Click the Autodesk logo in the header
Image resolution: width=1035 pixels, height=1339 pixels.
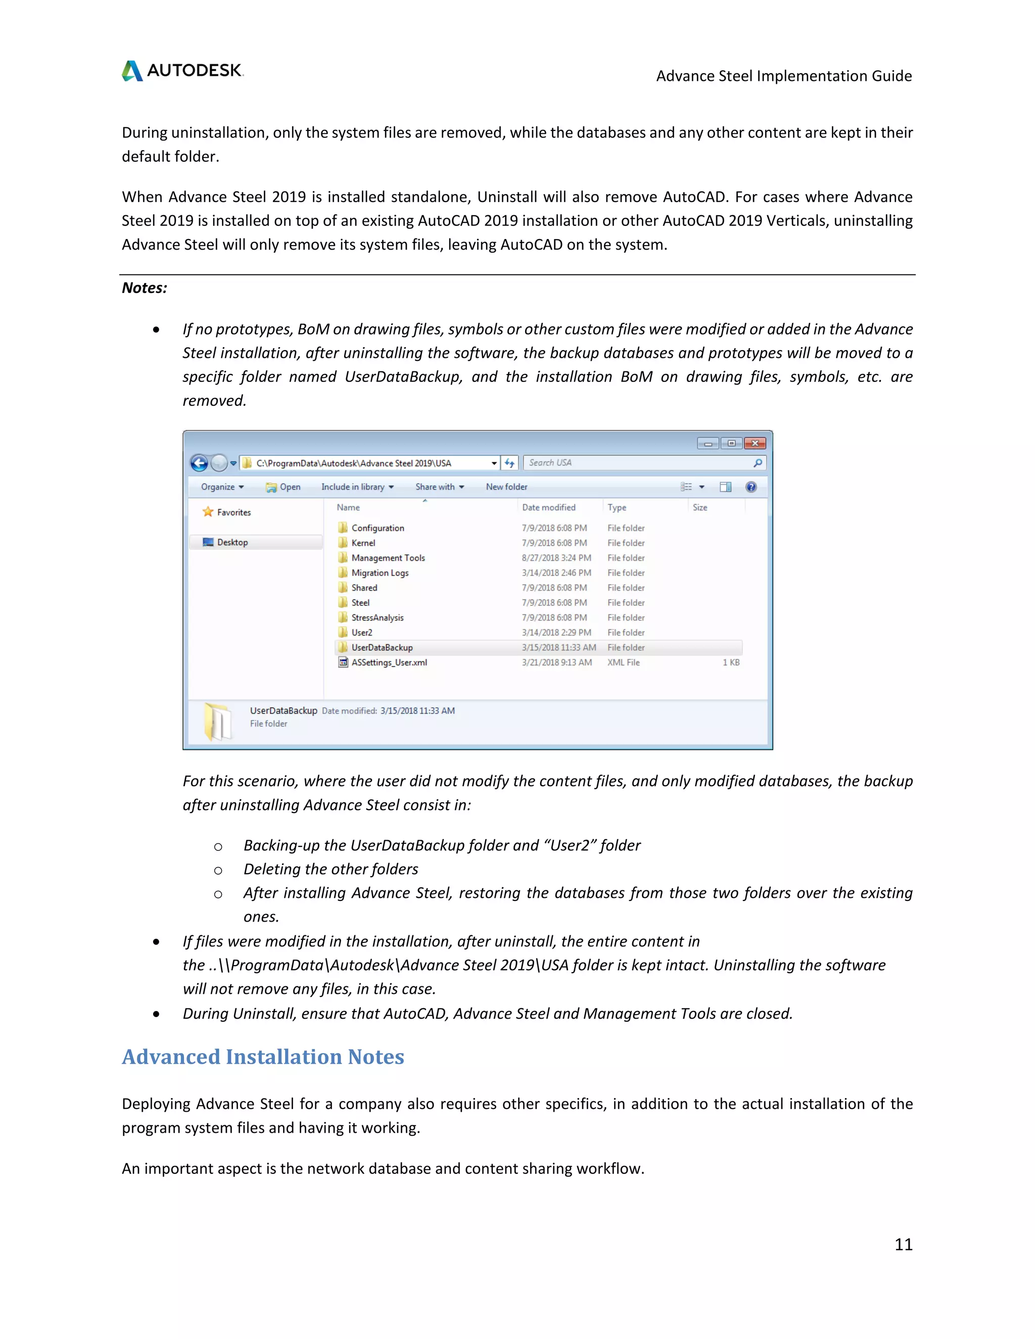(x=182, y=71)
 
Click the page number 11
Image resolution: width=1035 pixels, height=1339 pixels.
(x=903, y=1244)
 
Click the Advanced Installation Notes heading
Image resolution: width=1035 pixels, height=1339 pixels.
(x=262, y=1057)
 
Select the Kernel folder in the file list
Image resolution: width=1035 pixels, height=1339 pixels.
(x=363, y=543)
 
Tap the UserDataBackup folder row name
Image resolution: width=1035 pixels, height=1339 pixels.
(x=382, y=647)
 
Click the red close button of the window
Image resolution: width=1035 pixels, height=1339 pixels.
(x=755, y=443)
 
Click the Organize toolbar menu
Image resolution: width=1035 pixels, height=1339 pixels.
(x=222, y=487)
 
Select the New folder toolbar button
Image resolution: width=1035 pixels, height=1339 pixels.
(x=506, y=487)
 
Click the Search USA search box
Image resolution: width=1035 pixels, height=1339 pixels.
(x=638, y=463)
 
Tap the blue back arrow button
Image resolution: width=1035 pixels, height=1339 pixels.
(x=199, y=463)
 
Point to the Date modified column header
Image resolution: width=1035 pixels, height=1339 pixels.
(x=549, y=508)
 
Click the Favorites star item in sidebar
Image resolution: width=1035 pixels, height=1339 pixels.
(x=227, y=512)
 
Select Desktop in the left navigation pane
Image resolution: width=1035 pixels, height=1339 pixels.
(x=232, y=542)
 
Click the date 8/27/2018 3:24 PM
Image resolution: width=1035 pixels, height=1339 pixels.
(x=556, y=558)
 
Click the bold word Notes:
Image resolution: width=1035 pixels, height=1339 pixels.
(x=145, y=288)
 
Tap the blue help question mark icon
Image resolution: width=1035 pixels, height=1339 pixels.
(x=750, y=487)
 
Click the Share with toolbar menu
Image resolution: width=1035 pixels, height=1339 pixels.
(x=440, y=487)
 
